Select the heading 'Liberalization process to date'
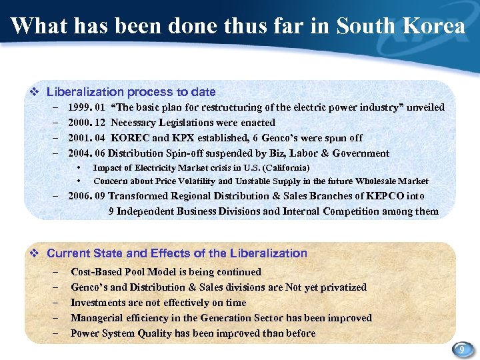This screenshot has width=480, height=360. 131,92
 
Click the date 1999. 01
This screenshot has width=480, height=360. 87,107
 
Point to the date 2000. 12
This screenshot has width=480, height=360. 87,123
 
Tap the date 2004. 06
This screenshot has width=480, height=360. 87,153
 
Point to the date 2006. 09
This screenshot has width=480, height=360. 87,196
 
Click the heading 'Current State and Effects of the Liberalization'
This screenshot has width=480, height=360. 177,253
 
